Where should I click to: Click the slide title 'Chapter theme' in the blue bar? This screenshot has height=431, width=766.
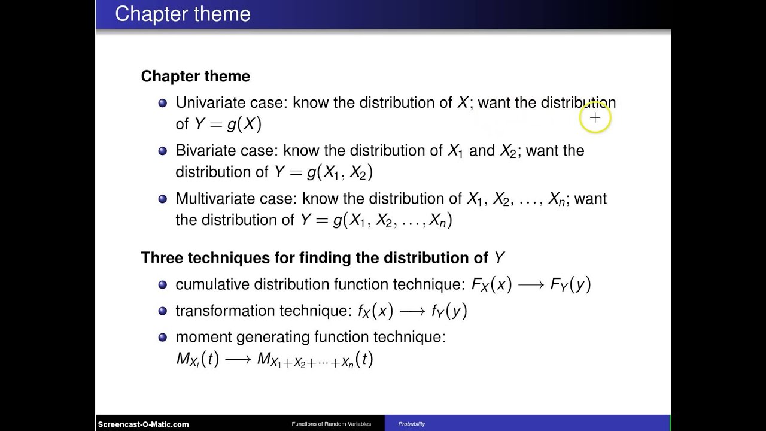tap(183, 14)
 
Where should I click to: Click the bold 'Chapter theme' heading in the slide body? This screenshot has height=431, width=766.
tap(195, 76)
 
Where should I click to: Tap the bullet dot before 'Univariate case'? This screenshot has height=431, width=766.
tap(162, 103)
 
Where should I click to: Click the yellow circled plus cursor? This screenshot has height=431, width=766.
tap(595, 118)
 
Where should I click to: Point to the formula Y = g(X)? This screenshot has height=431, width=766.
tap(228, 124)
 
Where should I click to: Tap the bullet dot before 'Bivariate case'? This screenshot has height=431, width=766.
tap(162, 151)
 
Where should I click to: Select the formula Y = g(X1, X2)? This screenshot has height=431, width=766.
tap(323, 172)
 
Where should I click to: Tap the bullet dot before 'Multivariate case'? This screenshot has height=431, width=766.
tap(162, 199)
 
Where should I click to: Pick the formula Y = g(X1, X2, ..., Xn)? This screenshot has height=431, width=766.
tap(376, 220)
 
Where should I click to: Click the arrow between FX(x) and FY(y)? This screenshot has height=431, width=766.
tap(531, 286)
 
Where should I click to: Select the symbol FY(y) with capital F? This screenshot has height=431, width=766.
tap(570, 285)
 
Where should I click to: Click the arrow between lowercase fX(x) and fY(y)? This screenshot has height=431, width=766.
tap(412, 312)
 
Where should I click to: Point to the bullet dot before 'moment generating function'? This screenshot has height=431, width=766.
tap(162, 338)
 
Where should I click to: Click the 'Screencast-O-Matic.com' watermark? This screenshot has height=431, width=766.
tap(144, 424)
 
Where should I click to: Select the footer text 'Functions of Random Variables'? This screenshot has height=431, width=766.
tap(331, 424)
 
